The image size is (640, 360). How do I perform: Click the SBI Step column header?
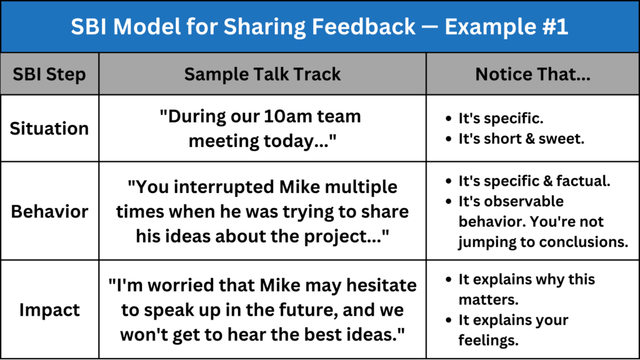point(49,74)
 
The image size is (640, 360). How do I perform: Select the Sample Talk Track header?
point(262,74)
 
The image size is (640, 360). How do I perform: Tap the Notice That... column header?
point(532,74)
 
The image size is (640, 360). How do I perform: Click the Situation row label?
point(49,129)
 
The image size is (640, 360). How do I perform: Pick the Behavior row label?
point(49,211)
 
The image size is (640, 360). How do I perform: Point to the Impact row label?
point(49,310)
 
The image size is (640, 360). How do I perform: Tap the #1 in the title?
point(555,27)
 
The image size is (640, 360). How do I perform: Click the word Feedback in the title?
point(363,27)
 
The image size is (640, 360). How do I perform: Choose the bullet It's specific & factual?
point(528,181)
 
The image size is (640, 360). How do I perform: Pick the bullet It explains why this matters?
point(520,289)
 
